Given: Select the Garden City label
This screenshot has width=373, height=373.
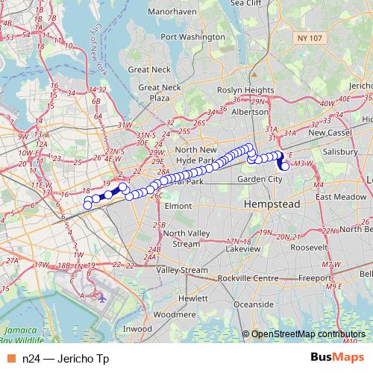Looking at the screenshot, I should click(260, 180).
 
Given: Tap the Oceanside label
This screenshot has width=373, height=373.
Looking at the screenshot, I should click(254, 304).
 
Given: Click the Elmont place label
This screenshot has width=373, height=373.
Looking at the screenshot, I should click(178, 205).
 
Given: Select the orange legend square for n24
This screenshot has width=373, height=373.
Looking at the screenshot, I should click(10, 359).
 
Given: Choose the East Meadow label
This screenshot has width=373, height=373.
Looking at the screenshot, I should click(339, 197).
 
